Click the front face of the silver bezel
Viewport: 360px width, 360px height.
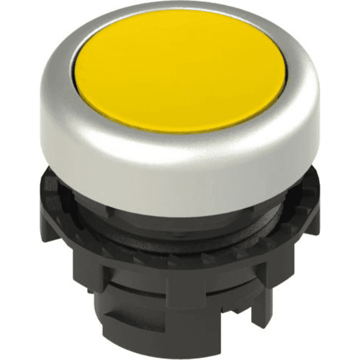(180, 159)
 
